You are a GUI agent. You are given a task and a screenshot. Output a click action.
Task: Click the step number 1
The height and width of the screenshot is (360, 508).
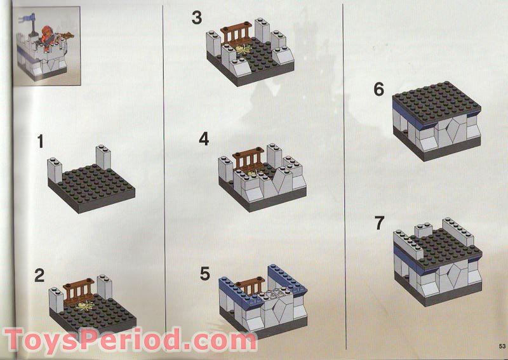41,141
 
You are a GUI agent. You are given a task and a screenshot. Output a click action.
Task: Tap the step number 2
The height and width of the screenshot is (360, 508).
39,276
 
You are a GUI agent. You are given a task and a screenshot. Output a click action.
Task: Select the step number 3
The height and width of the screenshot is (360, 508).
197,18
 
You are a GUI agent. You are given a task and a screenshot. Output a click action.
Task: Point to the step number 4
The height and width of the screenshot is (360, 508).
203,138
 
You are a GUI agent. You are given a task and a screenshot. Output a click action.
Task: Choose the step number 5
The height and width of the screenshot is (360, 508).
204,274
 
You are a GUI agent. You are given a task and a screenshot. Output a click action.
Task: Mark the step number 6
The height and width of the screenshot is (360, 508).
379,90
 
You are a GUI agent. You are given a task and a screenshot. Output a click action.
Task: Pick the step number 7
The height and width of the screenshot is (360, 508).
380,223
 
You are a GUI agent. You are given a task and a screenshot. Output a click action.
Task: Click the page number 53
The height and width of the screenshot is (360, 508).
501,346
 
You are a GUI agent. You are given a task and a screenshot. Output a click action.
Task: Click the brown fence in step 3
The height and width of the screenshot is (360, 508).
236,32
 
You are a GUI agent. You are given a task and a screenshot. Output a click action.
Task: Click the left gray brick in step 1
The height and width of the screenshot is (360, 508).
55,170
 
